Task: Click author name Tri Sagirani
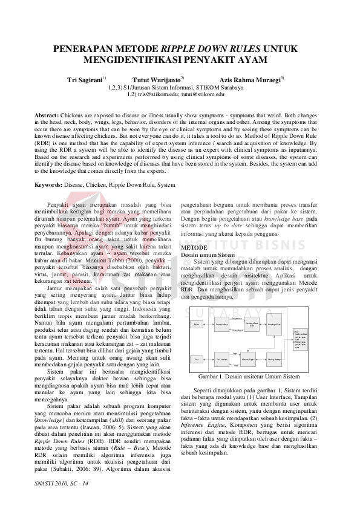point(84,79)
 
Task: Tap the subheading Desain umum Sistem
point(209,255)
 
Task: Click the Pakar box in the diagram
point(197,324)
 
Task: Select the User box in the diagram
point(197,359)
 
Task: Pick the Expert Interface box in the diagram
point(222,324)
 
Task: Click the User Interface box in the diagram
point(222,359)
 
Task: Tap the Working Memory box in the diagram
point(274,359)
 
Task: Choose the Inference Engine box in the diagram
point(248,359)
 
